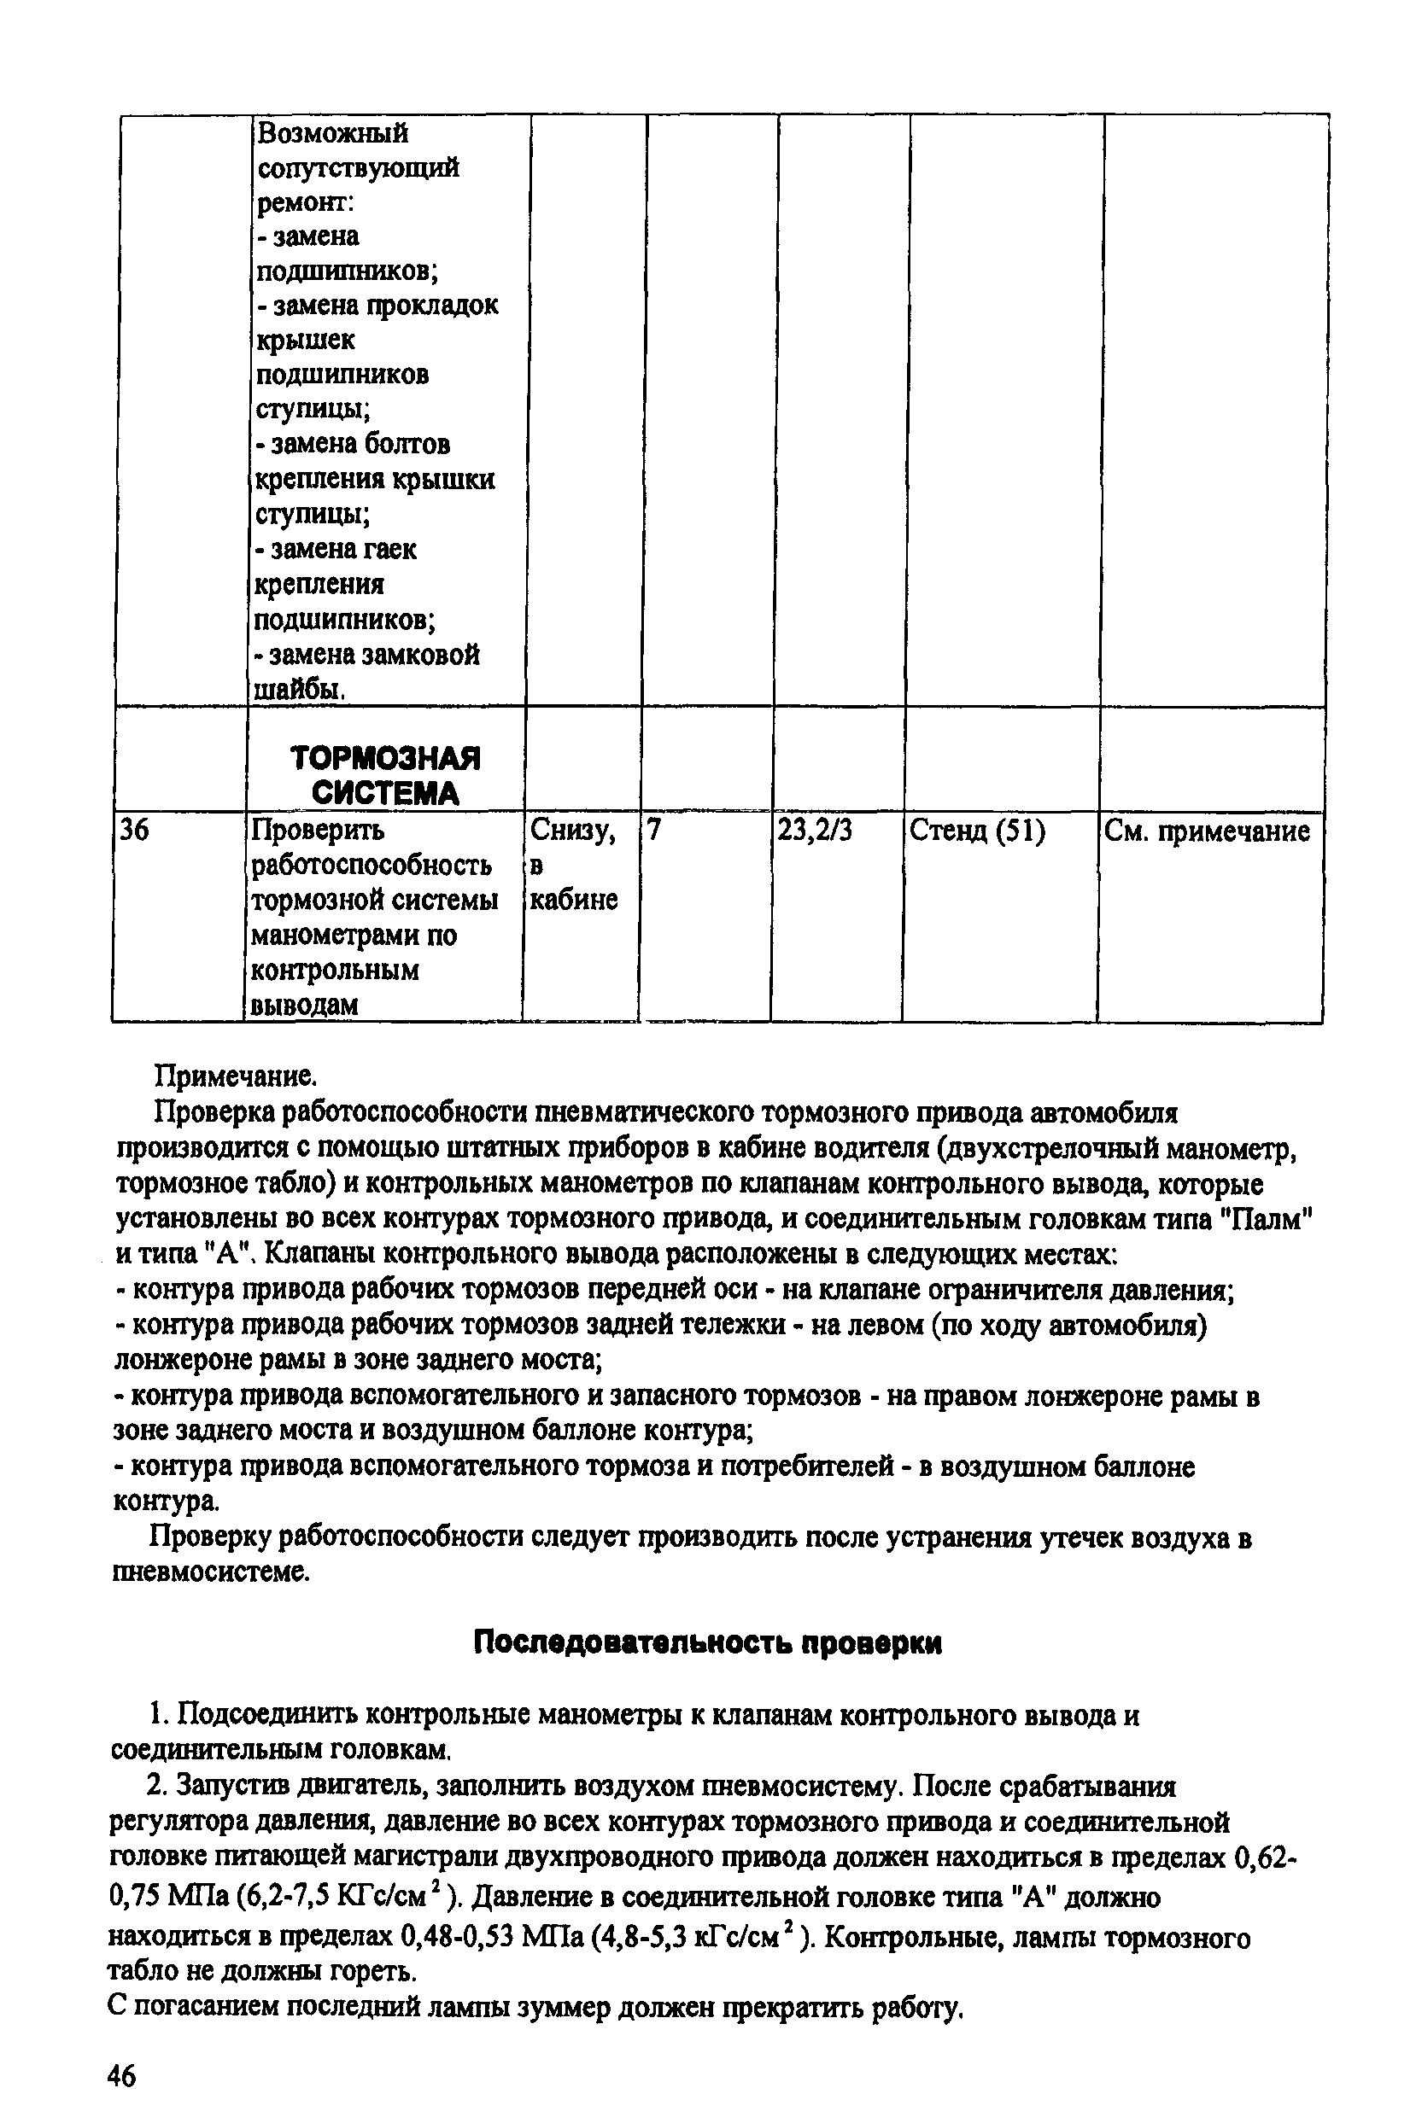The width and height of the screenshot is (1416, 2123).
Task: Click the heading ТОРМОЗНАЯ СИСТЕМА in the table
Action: pyautogui.click(x=386, y=775)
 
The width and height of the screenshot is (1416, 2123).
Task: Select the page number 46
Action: pyautogui.click(x=121, y=2076)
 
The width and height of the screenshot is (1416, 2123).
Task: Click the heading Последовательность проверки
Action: pyautogui.click(x=708, y=1642)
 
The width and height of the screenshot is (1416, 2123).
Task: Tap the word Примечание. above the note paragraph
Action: pyautogui.click(x=237, y=1075)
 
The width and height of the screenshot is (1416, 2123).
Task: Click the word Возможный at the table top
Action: pyautogui.click(x=331, y=133)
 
